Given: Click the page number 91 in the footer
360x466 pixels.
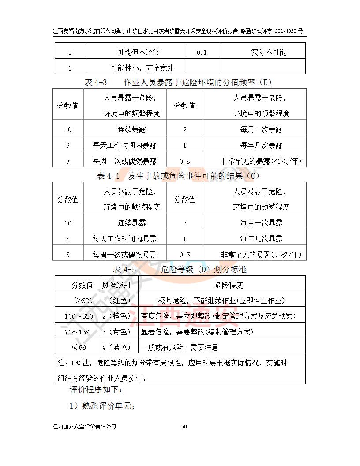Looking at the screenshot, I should (185, 426).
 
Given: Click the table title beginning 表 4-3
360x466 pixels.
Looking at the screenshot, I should (178, 82).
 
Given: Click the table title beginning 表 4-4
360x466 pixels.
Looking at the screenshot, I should (178, 176).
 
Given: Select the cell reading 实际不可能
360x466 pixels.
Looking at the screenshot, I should (269, 52).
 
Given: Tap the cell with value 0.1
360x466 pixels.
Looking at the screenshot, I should (202, 52).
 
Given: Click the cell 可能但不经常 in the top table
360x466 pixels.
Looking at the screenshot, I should (135, 52).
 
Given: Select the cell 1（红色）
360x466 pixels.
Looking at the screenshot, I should (116, 301).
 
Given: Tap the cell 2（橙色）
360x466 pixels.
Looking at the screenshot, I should (116, 316).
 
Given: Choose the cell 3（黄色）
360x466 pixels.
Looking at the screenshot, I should (116, 332).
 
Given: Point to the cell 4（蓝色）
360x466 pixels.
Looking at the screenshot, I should (116, 347).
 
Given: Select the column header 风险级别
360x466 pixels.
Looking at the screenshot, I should (116, 285).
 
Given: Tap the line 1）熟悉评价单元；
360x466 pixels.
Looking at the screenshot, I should (102, 406).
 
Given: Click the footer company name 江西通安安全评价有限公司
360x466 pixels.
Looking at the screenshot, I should (84, 426).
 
